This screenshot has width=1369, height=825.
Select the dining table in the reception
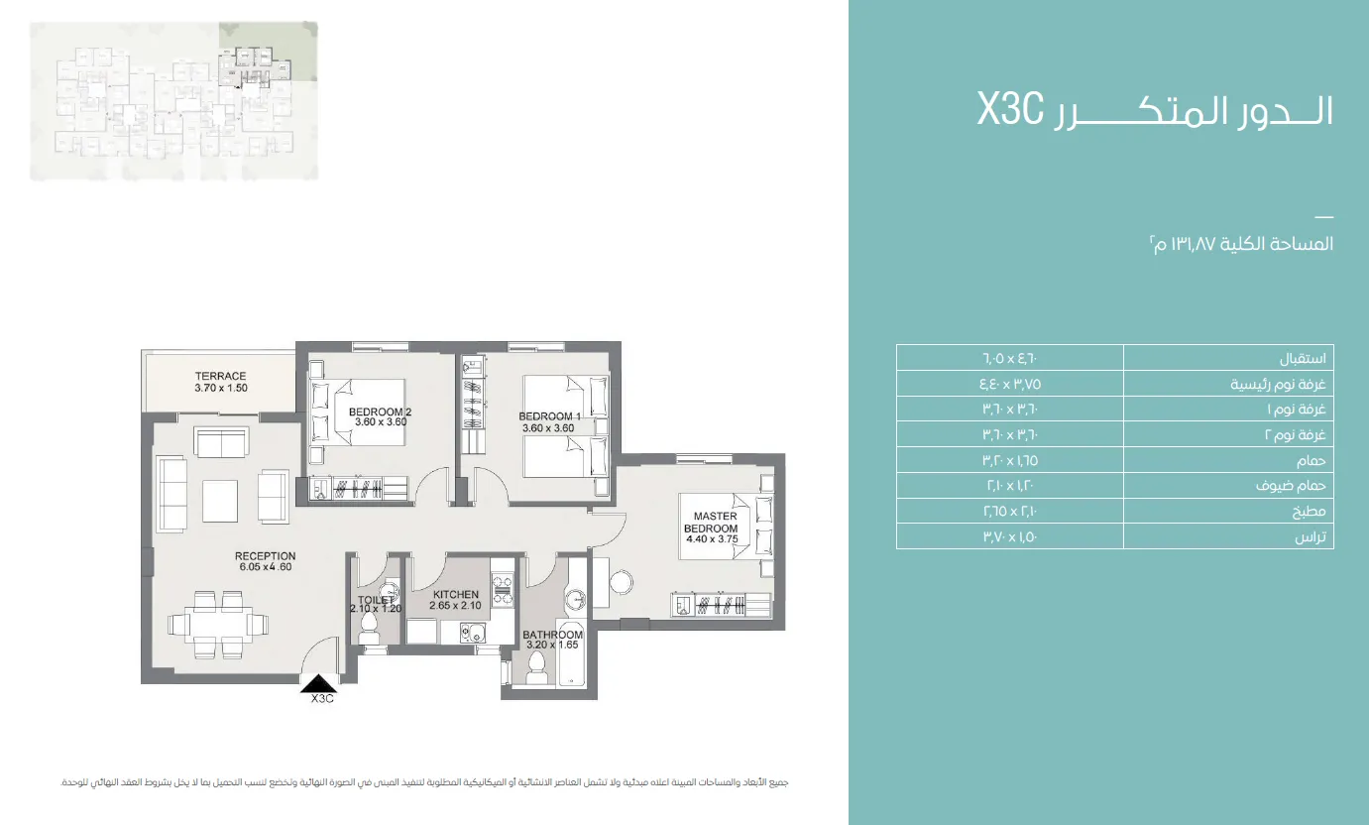(218, 624)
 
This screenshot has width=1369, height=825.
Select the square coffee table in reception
(219, 501)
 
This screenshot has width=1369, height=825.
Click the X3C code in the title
(1011, 110)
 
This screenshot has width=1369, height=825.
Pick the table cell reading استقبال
(1228, 358)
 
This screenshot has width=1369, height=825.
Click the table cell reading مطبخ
(1228, 511)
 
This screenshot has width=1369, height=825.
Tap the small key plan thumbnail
(174, 101)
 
